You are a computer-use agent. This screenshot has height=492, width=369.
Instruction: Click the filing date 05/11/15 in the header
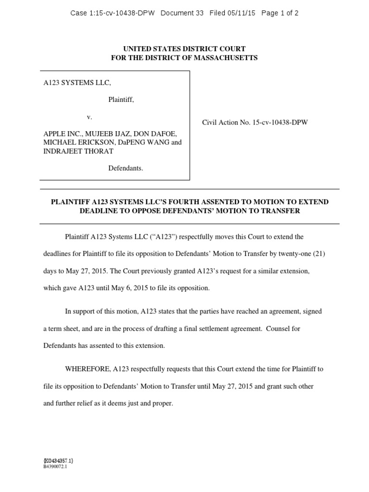point(245,13)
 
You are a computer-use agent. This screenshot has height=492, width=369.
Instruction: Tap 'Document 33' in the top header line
point(183,13)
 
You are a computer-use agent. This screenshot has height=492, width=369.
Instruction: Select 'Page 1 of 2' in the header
point(280,13)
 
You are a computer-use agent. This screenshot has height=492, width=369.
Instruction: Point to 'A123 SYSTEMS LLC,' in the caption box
point(77,83)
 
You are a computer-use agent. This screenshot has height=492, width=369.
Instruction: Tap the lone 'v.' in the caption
point(89,117)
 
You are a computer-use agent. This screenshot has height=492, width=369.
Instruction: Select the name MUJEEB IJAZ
point(101,134)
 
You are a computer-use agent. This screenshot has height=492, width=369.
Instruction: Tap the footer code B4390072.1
point(55,466)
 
